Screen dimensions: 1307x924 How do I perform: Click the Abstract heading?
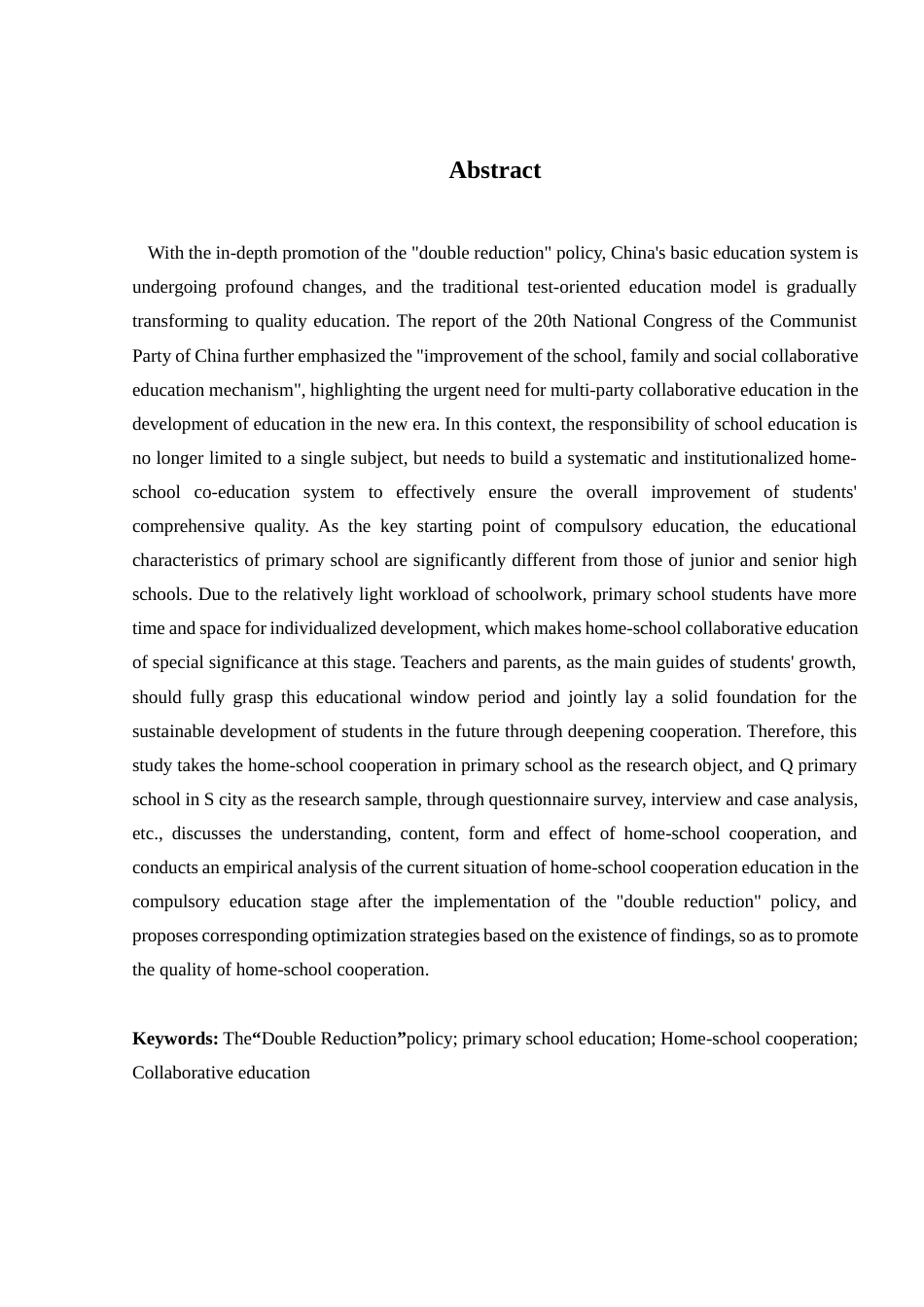coord(494,170)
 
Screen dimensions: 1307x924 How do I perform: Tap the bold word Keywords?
coord(175,1039)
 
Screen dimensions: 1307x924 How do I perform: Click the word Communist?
coord(813,321)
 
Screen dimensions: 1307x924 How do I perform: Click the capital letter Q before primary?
coord(786,765)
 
